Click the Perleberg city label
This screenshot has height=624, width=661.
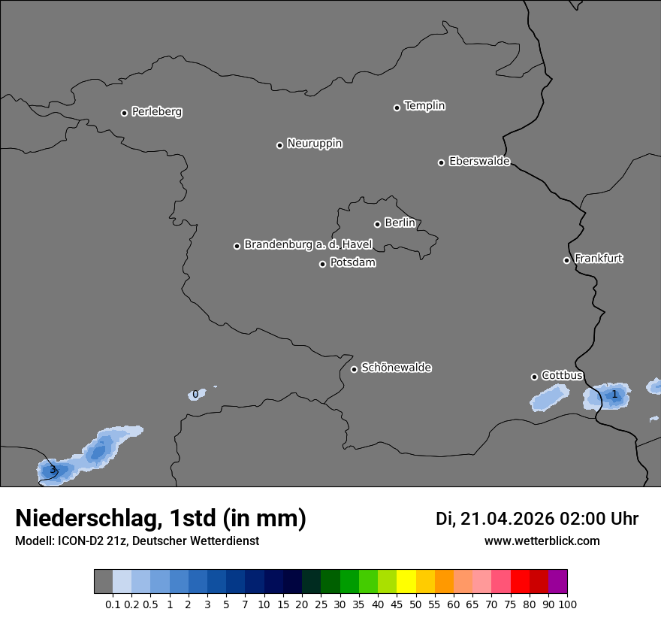click(x=156, y=112)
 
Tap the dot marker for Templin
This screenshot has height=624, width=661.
click(x=397, y=108)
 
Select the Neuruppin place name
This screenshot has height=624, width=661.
click(x=314, y=144)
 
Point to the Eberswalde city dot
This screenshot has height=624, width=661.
click(x=441, y=162)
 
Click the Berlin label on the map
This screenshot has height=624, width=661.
click(x=400, y=223)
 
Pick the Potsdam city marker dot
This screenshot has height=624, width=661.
click(x=322, y=264)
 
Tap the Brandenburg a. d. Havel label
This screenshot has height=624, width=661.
click(x=308, y=245)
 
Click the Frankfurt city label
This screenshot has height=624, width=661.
click(x=599, y=259)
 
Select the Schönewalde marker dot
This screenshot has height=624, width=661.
click(x=354, y=369)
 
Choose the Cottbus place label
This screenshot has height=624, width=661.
click(x=562, y=375)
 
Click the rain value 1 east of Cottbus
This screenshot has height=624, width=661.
click(x=614, y=394)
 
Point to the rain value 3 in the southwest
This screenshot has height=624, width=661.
click(x=53, y=471)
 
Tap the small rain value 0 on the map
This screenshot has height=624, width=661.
click(x=195, y=394)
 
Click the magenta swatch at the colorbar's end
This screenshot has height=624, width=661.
click(x=558, y=582)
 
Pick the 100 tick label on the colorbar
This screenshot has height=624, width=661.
click(x=567, y=604)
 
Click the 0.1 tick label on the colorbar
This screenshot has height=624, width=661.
click(x=113, y=604)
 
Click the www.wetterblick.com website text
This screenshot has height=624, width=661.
click(x=542, y=541)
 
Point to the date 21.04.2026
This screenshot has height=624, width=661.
click(x=507, y=519)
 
